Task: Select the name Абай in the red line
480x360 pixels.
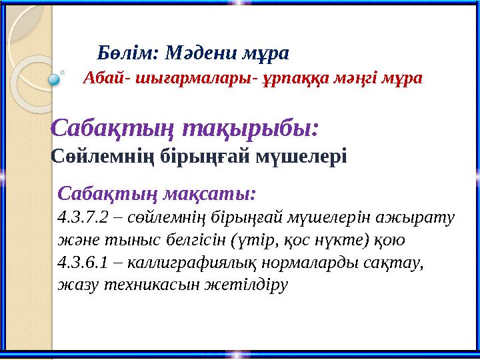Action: tap(103, 79)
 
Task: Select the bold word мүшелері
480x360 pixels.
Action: tap(301, 156)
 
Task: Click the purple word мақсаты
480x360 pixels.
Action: tap(209, 194)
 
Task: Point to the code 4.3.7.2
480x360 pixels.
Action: tap(83, 217)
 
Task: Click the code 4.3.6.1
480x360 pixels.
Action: tap(83, 263)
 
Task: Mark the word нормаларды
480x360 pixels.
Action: tap(310, 263)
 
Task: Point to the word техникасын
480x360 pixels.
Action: tap(153, 285)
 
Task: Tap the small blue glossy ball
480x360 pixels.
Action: tap(54, 79)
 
